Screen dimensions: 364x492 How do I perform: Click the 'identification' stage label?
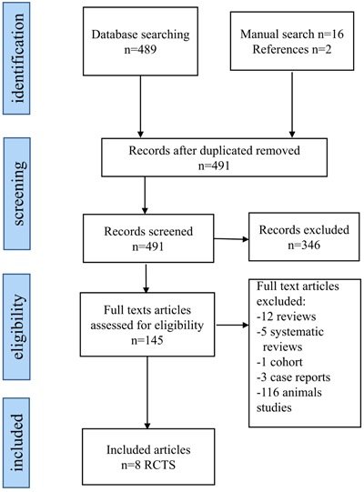point(18,58)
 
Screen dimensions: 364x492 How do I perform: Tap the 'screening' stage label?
point(18,194)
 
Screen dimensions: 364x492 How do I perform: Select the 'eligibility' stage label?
point(18,326)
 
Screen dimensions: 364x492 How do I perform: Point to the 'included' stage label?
point(18,442)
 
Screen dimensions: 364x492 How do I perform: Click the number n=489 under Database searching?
point(140,50)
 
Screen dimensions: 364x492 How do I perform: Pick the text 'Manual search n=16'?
point(292,34)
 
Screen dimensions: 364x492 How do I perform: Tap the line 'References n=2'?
point(292,49)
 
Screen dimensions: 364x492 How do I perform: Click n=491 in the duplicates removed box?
point(214,166)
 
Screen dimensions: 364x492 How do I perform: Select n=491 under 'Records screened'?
point(148,246)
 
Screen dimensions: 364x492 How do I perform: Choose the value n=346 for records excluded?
point(304,245)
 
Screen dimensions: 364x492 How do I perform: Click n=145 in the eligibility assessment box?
point(147,340)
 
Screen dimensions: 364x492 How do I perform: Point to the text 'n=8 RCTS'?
point(148,465)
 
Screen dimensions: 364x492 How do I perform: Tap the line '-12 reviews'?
point(286,316)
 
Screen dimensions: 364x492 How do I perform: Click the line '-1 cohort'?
point(279,362)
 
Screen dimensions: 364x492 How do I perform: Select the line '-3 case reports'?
point(293,377)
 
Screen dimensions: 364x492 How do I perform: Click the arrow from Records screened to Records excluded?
point(231,239)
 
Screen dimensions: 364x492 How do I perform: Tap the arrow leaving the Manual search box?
point(292,104)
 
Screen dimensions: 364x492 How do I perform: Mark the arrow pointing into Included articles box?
point(147,393)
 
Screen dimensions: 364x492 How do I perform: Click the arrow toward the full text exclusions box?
point(232,325)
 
